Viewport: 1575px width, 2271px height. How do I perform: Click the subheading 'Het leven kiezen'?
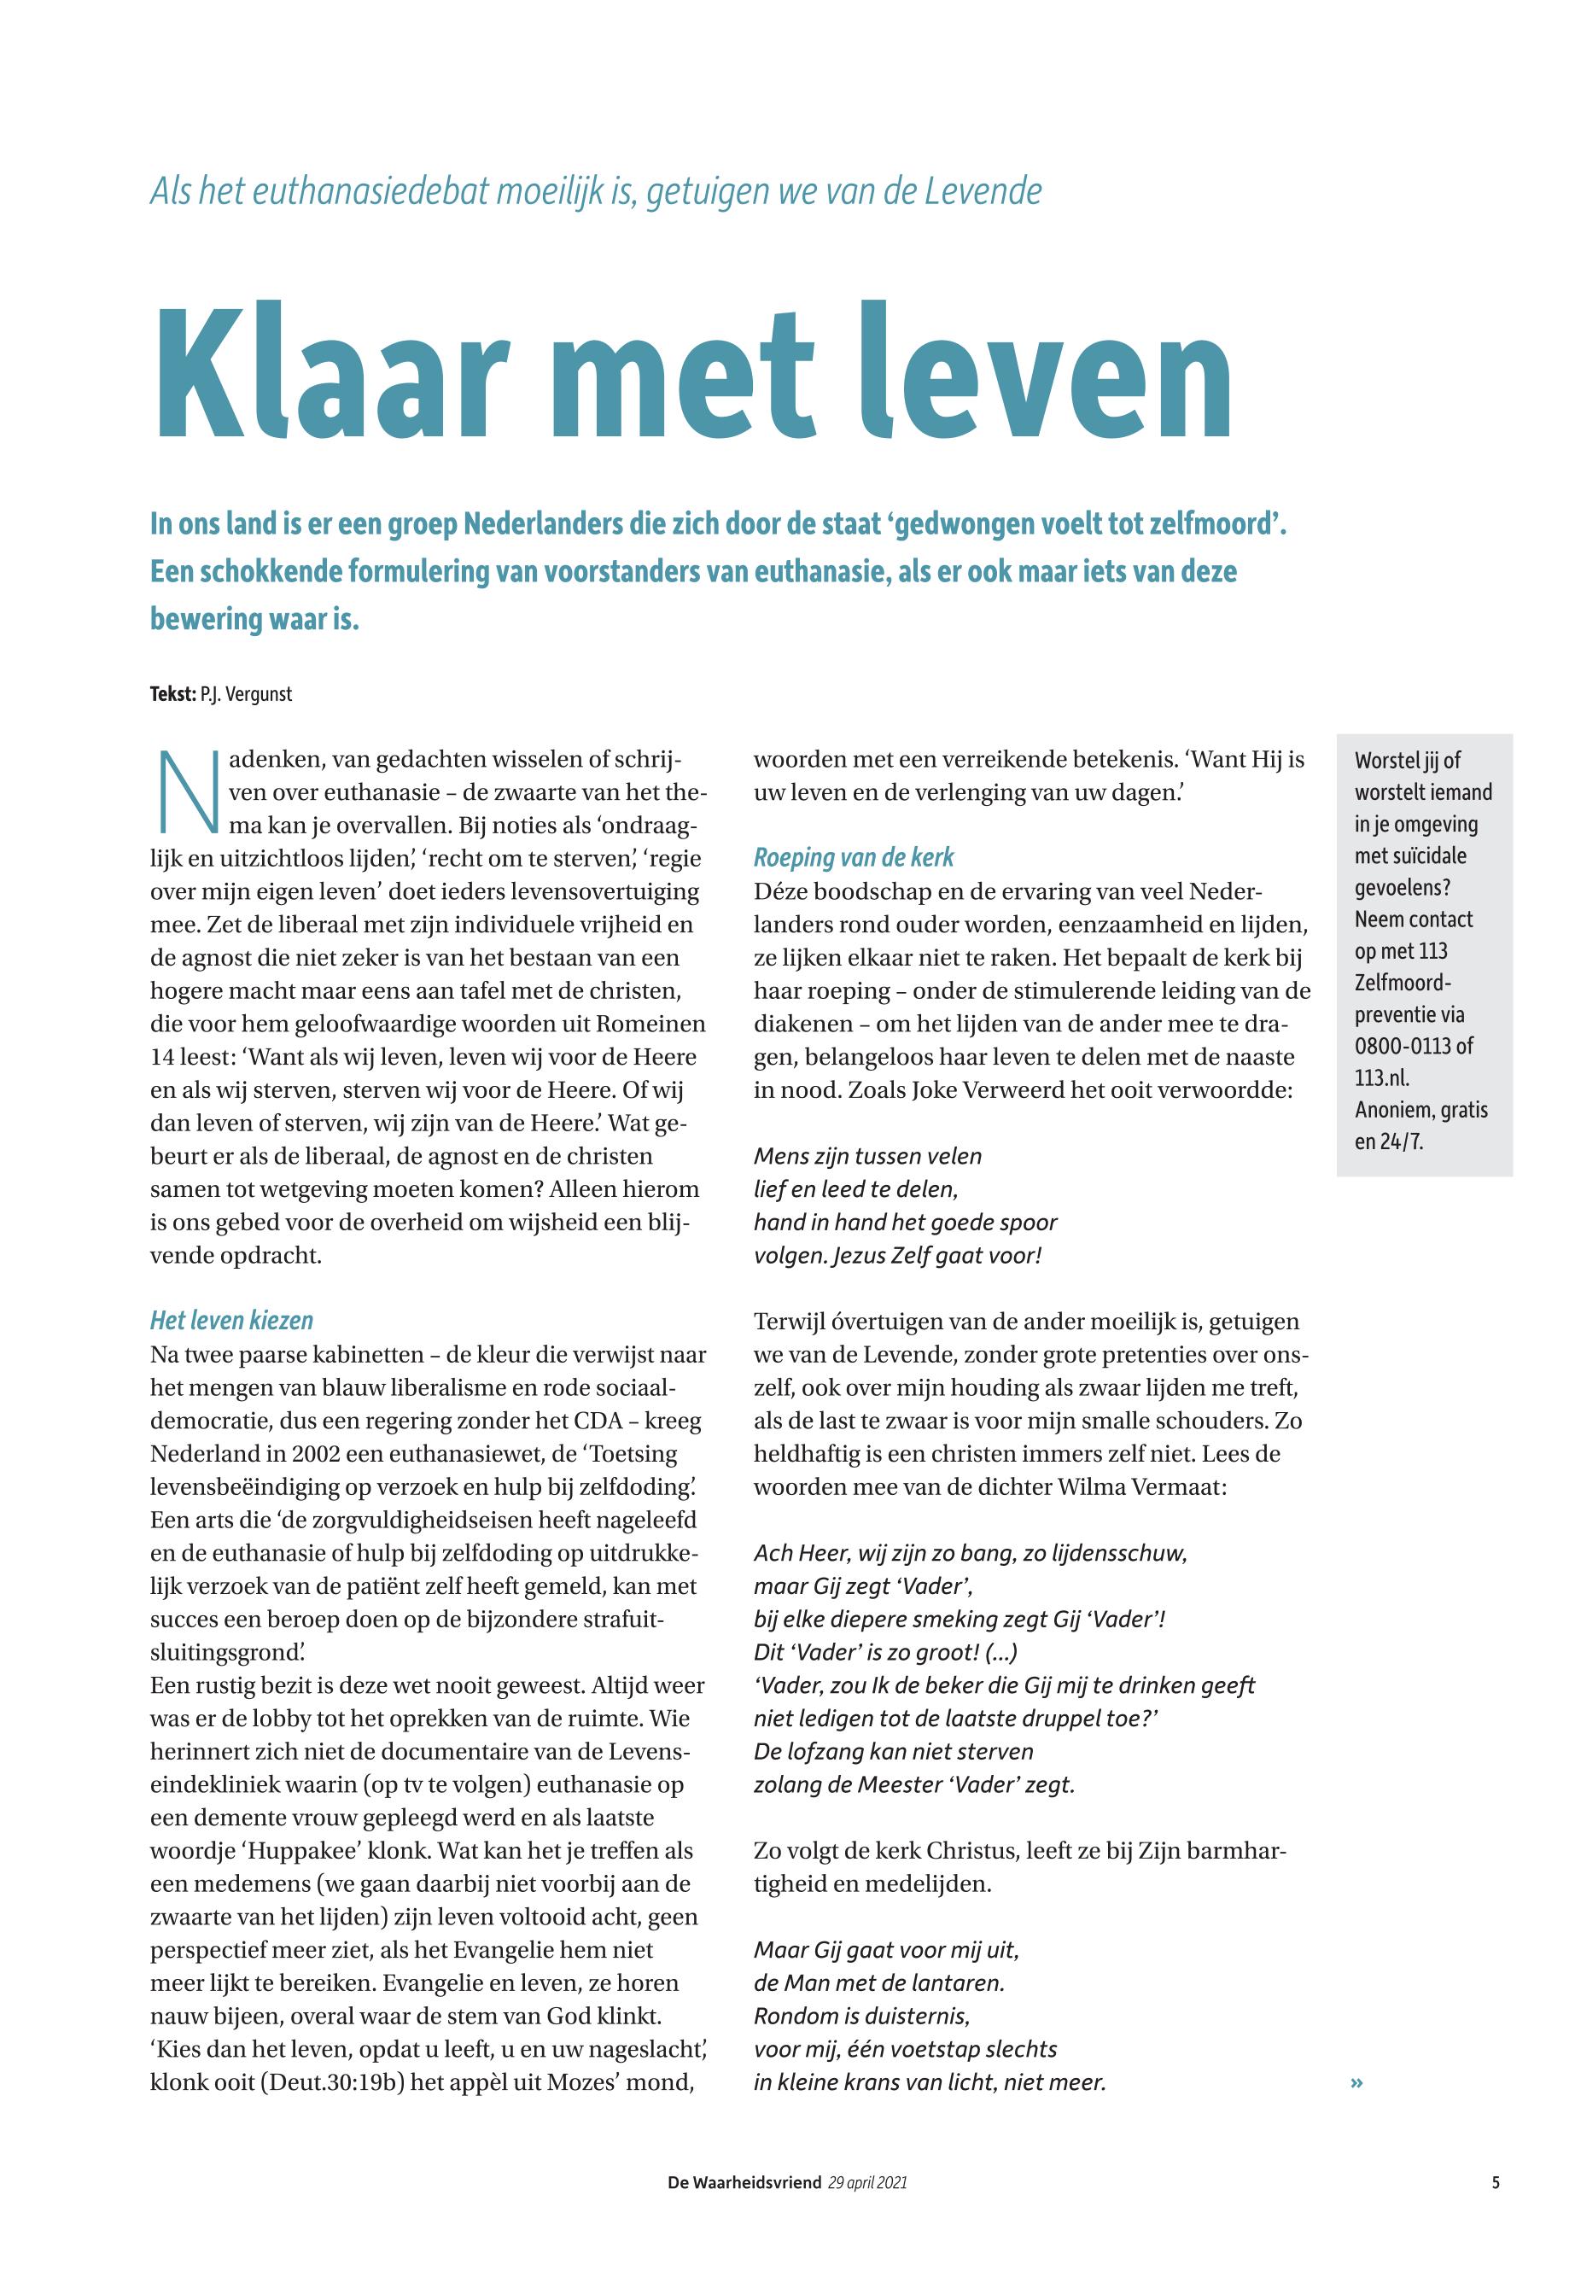(x=231, y=1321)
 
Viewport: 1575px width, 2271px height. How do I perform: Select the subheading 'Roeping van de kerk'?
(x=854, y=858)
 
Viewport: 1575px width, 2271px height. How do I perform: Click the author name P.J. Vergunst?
(x=246, y=694)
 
